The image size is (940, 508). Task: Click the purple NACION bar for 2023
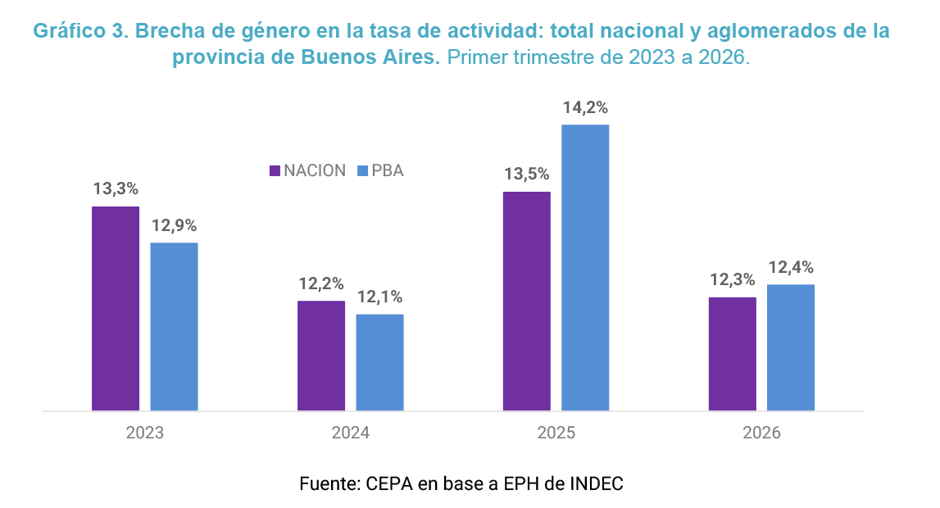[x=116, y=309]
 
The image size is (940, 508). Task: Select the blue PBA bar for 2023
[x=174, y=326]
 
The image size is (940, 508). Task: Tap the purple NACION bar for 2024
[x=321, y=356]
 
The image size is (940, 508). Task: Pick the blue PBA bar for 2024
[x=379, y=362]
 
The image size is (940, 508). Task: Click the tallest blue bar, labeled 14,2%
[x=585, y=268]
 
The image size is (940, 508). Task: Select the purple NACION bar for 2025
[x=527, y=302]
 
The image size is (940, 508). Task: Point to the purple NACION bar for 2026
[x=733, y=354]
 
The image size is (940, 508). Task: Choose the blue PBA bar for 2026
[x=791, y=347]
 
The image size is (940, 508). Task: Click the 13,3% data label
[x=116, y=189]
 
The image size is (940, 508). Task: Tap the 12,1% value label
[x=380, y=297]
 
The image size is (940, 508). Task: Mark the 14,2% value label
[x=586, y=108]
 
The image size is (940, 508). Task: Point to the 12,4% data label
[x=792, y=268]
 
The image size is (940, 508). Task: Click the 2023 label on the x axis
[x=144, y=433]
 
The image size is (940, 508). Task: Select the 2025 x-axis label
[x=556, y=433]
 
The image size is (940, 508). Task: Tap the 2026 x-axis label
[x=762, y=433]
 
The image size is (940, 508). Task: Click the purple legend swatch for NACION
[x=275, y=170]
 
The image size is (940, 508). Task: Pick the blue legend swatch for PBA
[x=362, y=170]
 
